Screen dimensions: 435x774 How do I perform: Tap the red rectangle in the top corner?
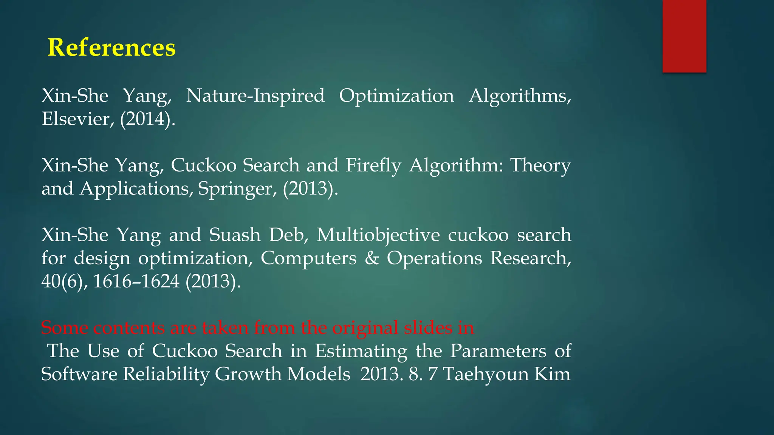pos(684,36)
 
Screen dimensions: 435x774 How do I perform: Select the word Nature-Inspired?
pos(255,96)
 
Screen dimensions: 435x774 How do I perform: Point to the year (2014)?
pos(147,119)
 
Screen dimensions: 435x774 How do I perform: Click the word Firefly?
pos(373,166)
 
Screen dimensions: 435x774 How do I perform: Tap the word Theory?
pos(540,166)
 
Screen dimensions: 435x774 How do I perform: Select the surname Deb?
pos(289,235)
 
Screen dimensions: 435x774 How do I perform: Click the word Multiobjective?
pos(378,235)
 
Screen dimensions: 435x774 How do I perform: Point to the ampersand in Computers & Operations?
pos(372,258)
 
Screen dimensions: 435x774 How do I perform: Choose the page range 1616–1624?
pos(136,281)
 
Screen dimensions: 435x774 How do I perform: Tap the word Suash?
pos(235,235)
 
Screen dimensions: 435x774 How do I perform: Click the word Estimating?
pos(361,351)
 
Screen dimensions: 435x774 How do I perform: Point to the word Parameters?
pos(498,351)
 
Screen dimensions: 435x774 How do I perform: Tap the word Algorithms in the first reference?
pos(520,96)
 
